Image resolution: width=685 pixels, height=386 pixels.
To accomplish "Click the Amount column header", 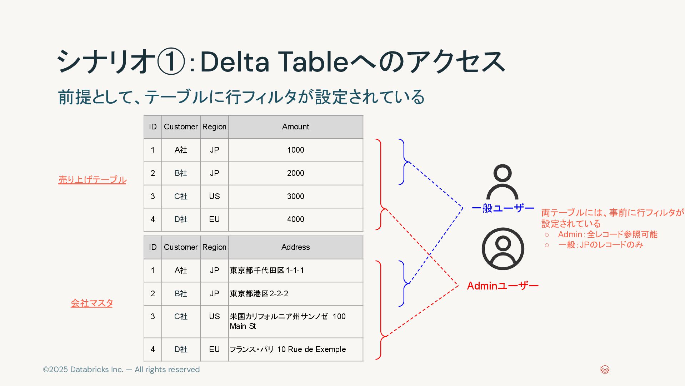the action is coord(295,127).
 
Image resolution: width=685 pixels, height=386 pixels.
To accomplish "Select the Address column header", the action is coord(295,247).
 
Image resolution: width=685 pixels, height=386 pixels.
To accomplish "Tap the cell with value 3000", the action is coord(295,196).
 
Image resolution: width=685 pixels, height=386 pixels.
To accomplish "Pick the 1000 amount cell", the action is coord(295,150).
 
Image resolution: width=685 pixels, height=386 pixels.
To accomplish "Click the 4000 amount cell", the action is coord(295,219).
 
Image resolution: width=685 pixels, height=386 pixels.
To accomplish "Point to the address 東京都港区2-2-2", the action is coord(259,294).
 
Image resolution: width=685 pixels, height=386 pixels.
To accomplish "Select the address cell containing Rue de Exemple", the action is coord(288,350).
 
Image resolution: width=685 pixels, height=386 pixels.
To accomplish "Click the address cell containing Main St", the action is coord(287,321).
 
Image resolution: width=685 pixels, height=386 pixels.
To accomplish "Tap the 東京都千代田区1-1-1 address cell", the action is coord(267,271).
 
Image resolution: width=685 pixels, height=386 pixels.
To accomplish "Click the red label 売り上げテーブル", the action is coord(92,180).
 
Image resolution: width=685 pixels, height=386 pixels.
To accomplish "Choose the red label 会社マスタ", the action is coord(92,303).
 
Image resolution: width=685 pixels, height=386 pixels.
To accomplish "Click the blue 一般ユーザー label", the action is coord(503,208).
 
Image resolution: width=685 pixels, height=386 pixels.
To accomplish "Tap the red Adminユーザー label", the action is coord(502,286).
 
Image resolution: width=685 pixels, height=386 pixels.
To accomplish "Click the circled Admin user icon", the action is coord(502,249).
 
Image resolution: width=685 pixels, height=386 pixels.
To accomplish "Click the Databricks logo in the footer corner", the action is coord(605,370).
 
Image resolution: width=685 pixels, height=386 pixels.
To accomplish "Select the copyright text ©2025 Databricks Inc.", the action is coord(121,370).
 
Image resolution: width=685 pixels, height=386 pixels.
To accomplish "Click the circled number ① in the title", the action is coord(171,61).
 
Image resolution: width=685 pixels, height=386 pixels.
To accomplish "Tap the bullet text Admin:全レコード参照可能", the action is coord(607,234).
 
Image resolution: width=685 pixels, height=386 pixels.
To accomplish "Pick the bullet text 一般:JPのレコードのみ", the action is coord(600,245).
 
